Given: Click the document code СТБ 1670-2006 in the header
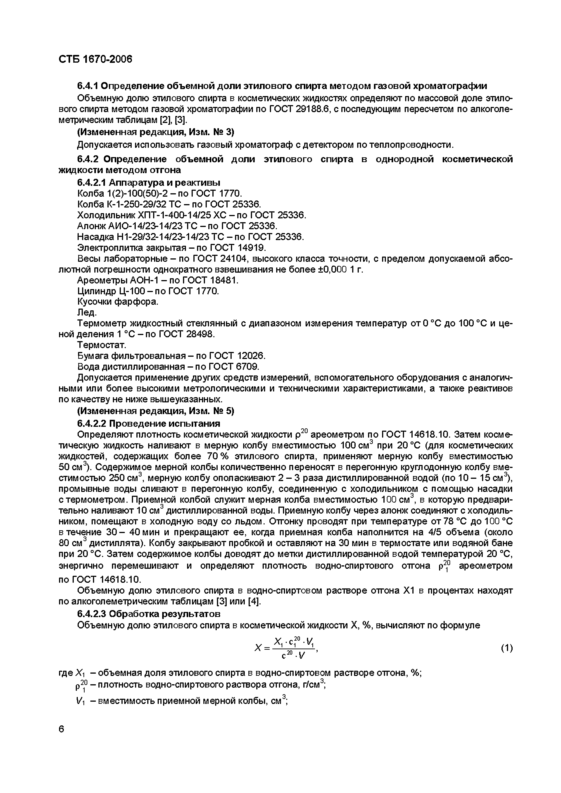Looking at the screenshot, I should coord(95,60).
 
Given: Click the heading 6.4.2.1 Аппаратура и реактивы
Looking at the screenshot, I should coord(149,182).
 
